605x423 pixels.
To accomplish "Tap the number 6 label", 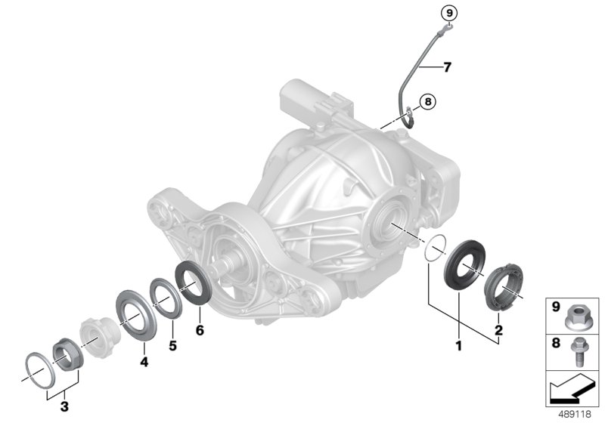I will (x=200, y=330).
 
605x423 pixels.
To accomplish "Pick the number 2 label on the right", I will (x=499, y=330).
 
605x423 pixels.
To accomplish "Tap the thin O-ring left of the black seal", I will (x=433, y=249).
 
